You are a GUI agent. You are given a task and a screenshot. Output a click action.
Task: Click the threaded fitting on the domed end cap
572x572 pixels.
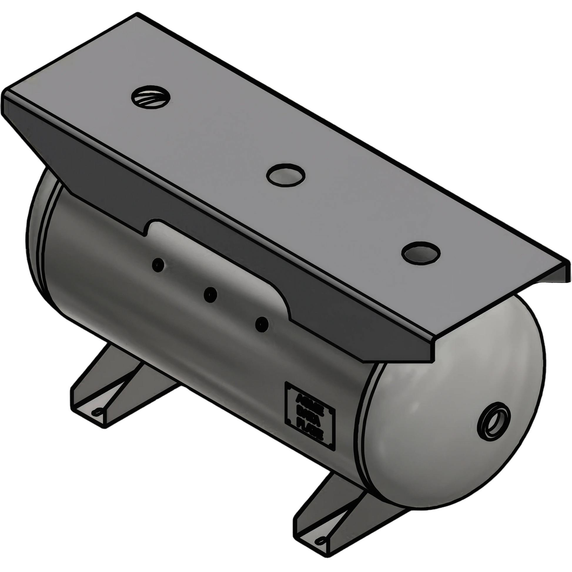pos(494,421)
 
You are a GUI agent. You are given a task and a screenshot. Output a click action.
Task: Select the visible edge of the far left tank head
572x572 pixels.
pos(37,237)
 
